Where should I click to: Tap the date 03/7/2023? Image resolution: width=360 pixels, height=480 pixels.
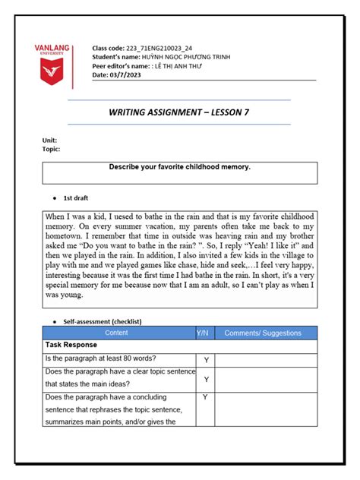(122, 75)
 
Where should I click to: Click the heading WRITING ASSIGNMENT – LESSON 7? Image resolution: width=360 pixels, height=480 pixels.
(179, 112)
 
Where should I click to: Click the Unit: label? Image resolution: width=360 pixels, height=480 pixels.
(49, 141)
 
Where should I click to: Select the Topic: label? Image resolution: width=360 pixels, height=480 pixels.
(51, 150)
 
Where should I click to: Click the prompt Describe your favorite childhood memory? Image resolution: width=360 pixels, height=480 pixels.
(179, 166)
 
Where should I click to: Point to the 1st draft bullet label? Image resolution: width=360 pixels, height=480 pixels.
(76, 197)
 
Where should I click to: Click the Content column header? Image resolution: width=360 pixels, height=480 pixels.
(116, 333)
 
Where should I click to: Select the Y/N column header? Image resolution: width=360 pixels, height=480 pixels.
(204, 333)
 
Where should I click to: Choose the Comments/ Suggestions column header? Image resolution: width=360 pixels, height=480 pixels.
(262, 333)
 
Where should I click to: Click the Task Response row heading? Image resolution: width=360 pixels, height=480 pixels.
(73, 345)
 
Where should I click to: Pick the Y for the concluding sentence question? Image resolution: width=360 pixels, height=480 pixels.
(204, 397)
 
